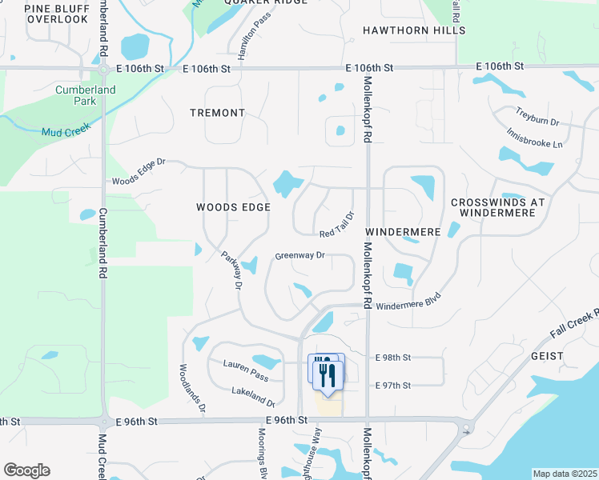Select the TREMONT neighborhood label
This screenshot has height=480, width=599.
(217, 113)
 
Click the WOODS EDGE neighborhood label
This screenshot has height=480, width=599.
(233, 207)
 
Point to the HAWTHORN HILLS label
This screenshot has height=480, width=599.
(413, 30)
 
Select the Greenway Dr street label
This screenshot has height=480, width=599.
(299, 256)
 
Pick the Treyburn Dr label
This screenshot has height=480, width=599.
(537, 121)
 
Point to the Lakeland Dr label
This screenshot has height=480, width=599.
(254, 392)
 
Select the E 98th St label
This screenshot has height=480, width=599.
(393, 357)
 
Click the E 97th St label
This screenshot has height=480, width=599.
(393, 386)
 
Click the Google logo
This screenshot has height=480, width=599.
(26, 470)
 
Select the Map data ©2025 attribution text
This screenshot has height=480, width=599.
(565, 474)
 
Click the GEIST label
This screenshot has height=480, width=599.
(546, 355)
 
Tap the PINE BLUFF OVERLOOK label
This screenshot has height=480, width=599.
(56, 13)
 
